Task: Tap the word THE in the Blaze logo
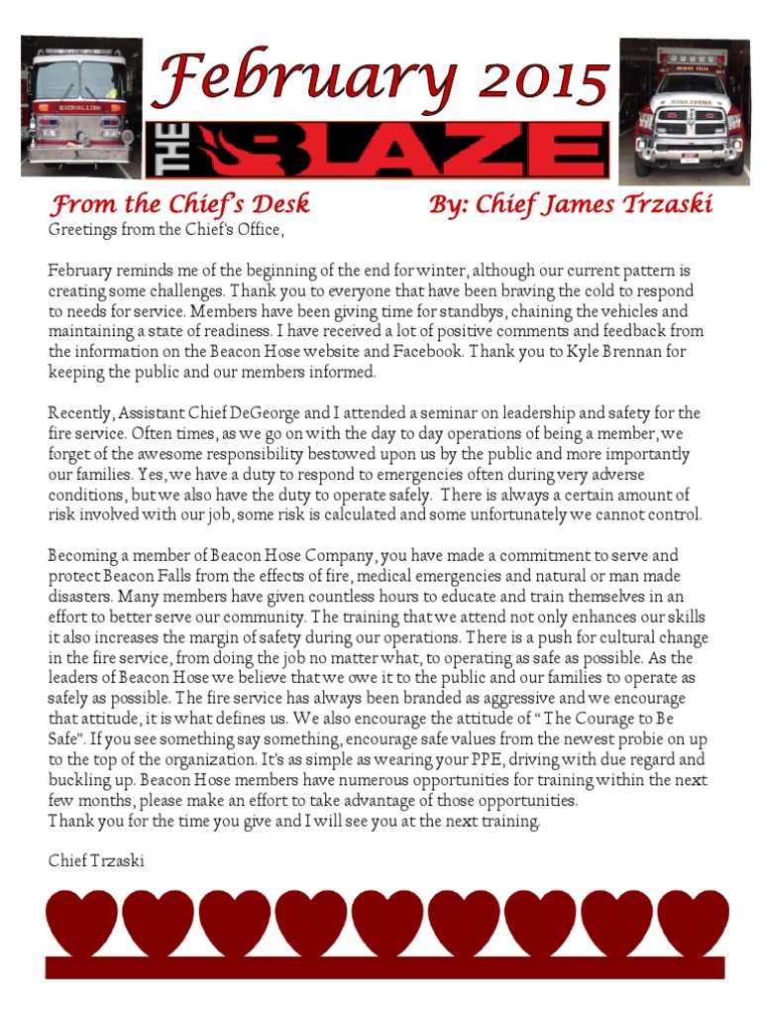coord(164,152)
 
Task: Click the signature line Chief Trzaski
coord(96,860)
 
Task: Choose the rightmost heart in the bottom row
coord(693,924)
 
